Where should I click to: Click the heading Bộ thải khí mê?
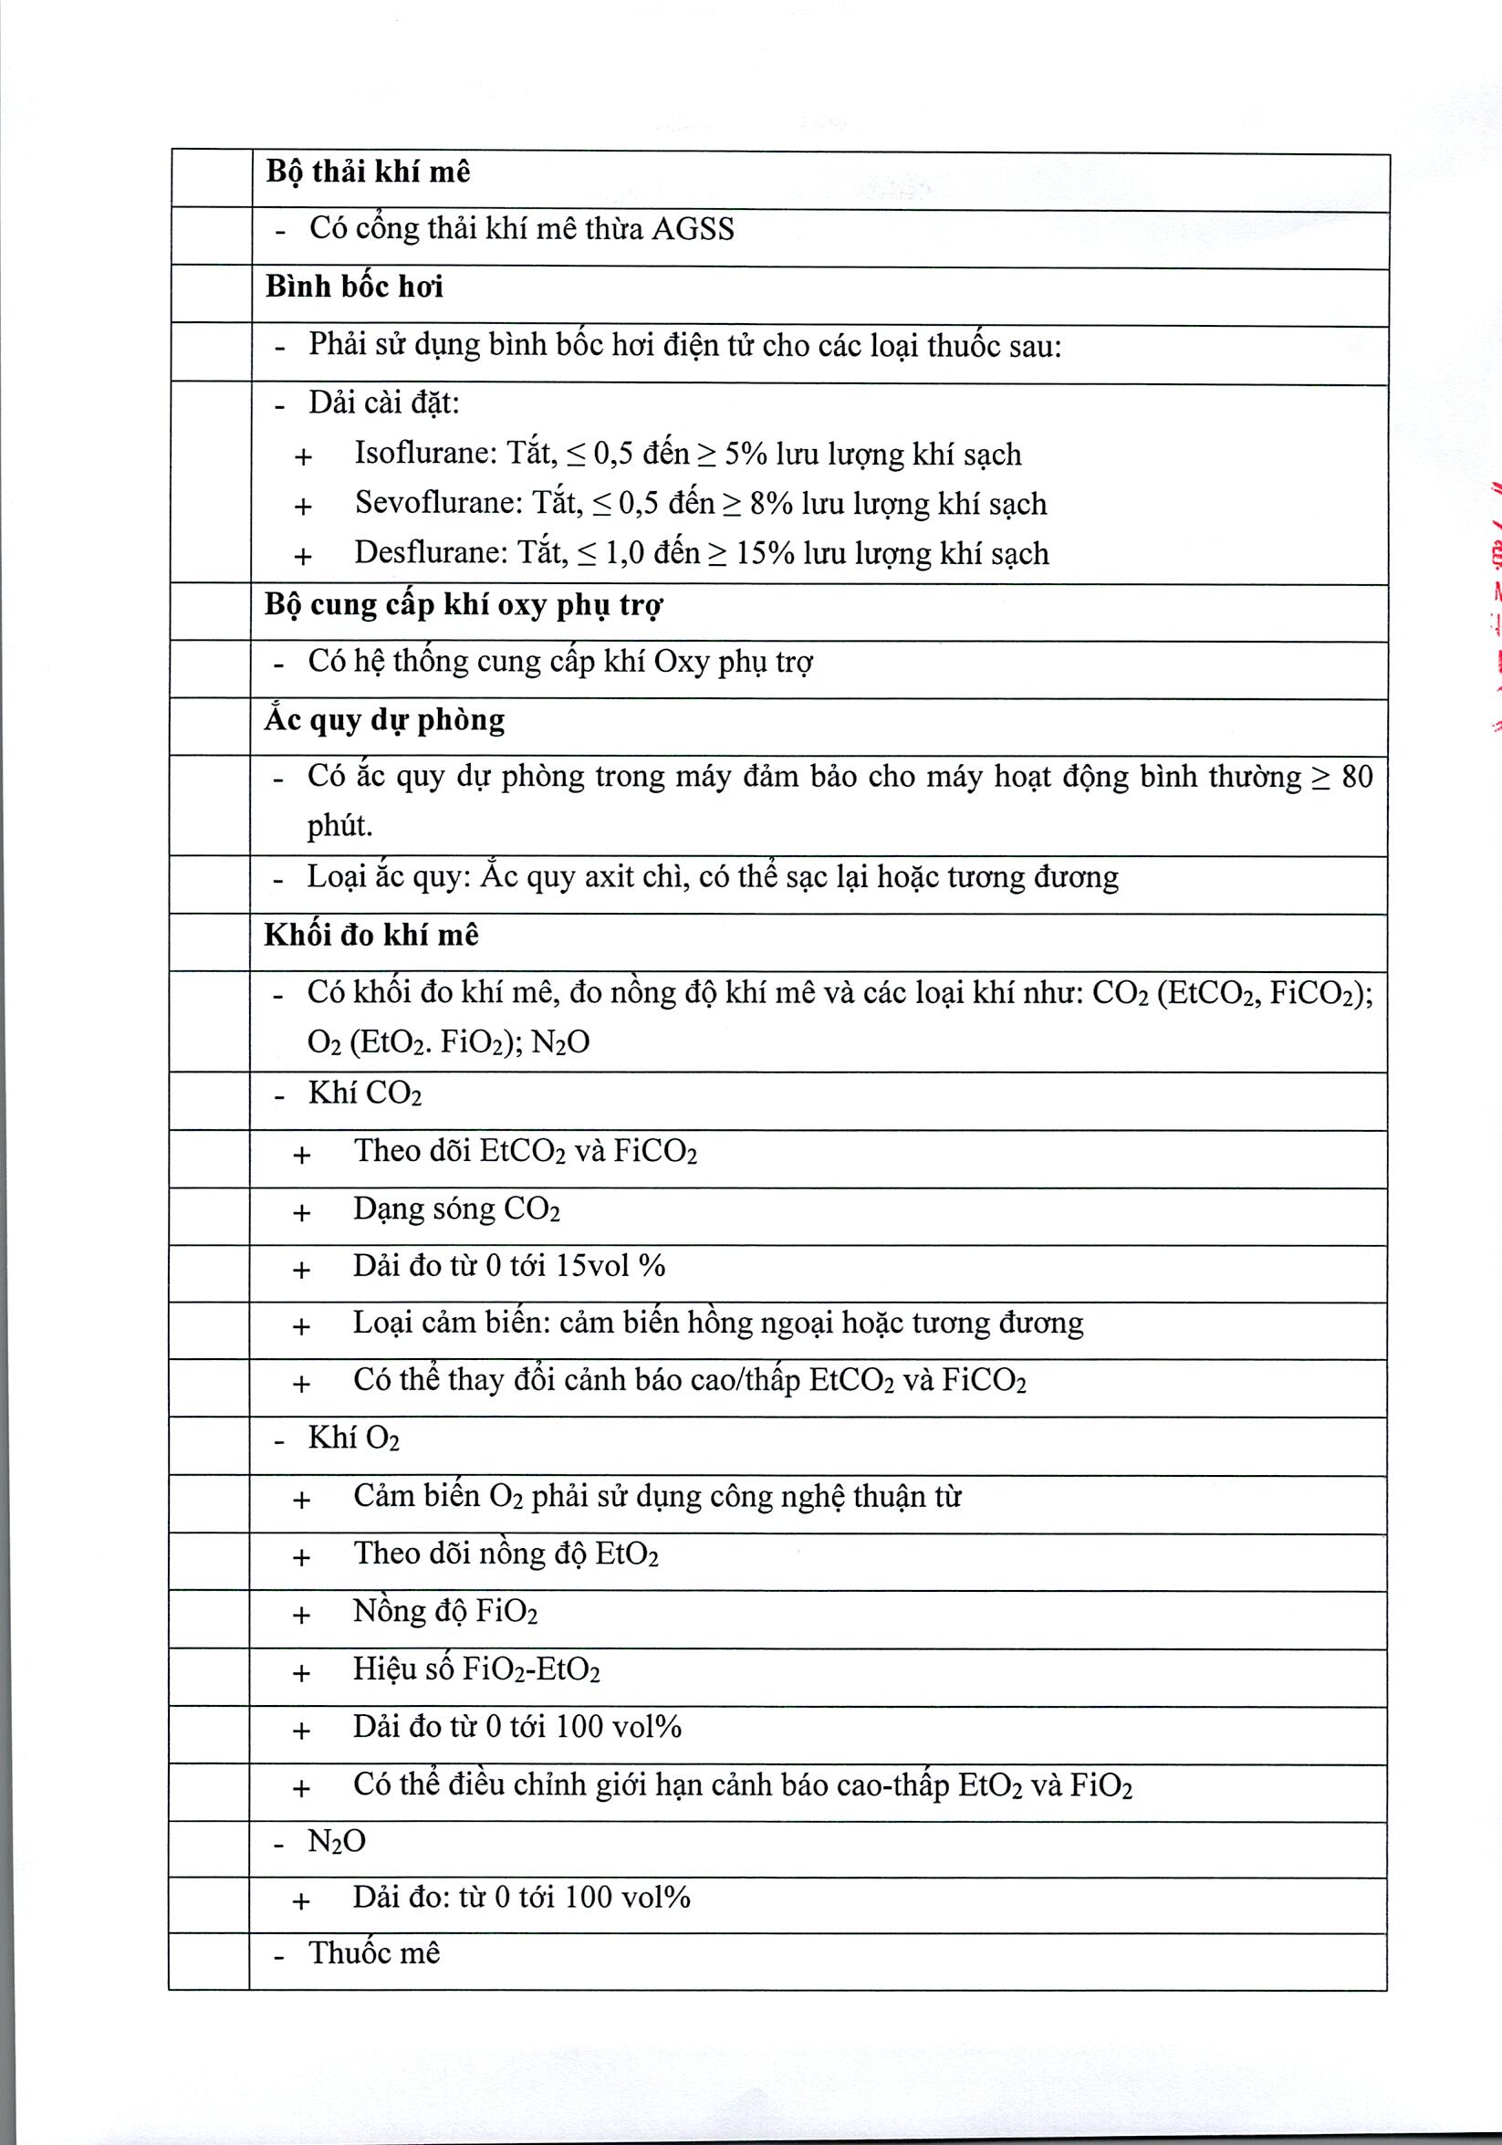coord(367,173)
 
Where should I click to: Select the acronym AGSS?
coord(693,230)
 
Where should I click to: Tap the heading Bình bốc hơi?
coord(354,287)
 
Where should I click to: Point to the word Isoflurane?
coord(425,454)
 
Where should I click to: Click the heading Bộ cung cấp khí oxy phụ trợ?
coord(464,605)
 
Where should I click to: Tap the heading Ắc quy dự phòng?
coord(385,720)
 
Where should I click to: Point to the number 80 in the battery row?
coord(1356,778)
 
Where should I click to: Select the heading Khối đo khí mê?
coord(370,936)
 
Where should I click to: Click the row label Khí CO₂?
coord(364,1093)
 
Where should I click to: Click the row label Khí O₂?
coord(353,1438)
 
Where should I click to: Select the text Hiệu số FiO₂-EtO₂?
coord(476,1669)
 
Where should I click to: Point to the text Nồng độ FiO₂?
coord(444,1612)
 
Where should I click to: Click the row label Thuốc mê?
coord(373,1953)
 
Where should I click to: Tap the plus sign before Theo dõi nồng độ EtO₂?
coord(301,1557)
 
